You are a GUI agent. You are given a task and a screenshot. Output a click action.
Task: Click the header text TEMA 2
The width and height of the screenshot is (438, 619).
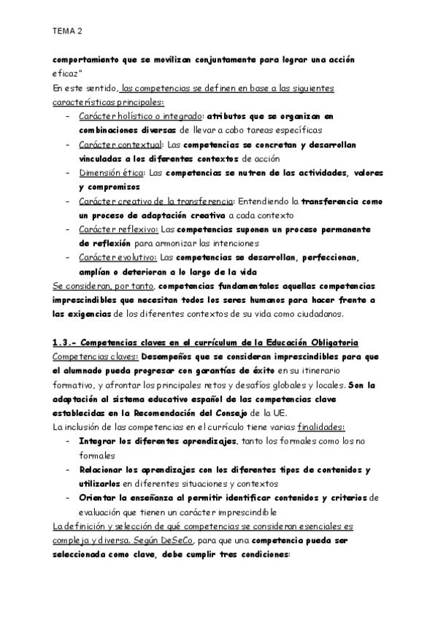pyautogui.click(x=68, y=32)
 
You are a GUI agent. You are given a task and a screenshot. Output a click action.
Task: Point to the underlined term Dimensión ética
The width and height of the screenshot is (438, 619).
pyautogui.click(x=111, y=173)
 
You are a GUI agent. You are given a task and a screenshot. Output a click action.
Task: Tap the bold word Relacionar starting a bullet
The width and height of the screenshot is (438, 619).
pyautogui.click(x=107, y=469)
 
